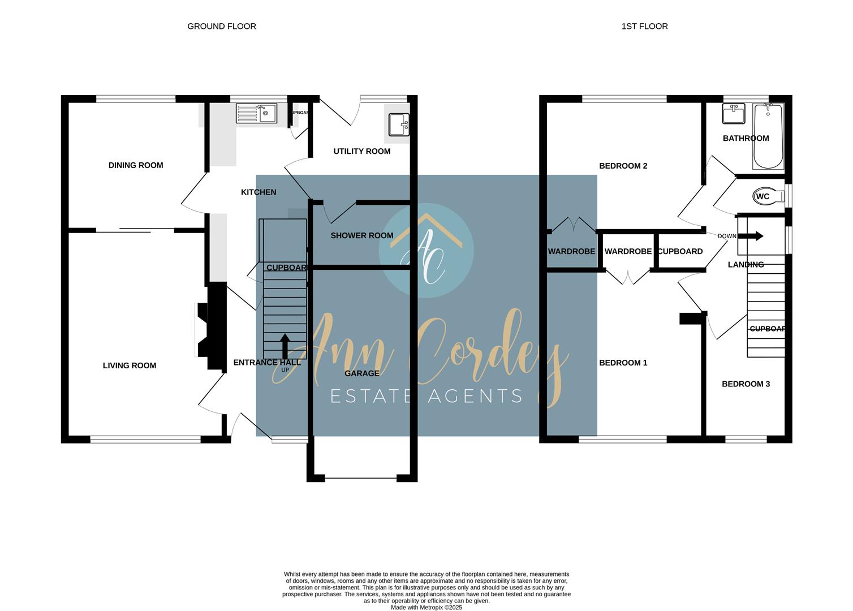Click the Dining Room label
point(136,165)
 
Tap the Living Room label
point(130,365)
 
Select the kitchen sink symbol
point(256,114)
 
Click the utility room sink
point(399,124)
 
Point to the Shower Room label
point(361,235)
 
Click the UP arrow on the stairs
point(285,346)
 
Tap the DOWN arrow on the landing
point(754,236)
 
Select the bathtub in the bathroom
point(768,136)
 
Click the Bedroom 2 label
point(623,166)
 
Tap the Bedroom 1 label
point(623,363)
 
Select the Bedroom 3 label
point(746,384)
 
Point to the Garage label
point(361,373)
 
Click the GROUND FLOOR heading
point(222,26)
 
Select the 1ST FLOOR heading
point(644,26)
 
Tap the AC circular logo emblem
point(427,251)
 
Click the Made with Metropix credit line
point(427,608)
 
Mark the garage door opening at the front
point(361,479)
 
